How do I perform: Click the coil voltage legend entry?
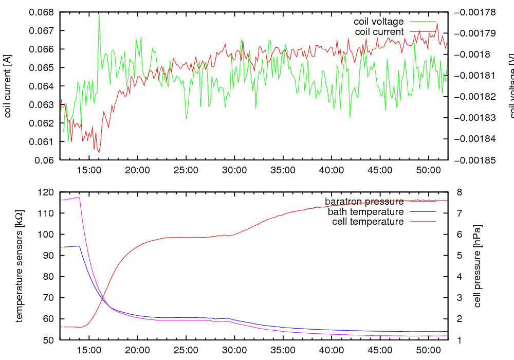point(378,22)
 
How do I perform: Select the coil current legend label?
point(379,32)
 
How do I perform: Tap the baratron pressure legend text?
point(364,201)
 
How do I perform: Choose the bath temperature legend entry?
point(365,211)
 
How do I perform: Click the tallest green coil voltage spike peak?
point(99,15)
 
